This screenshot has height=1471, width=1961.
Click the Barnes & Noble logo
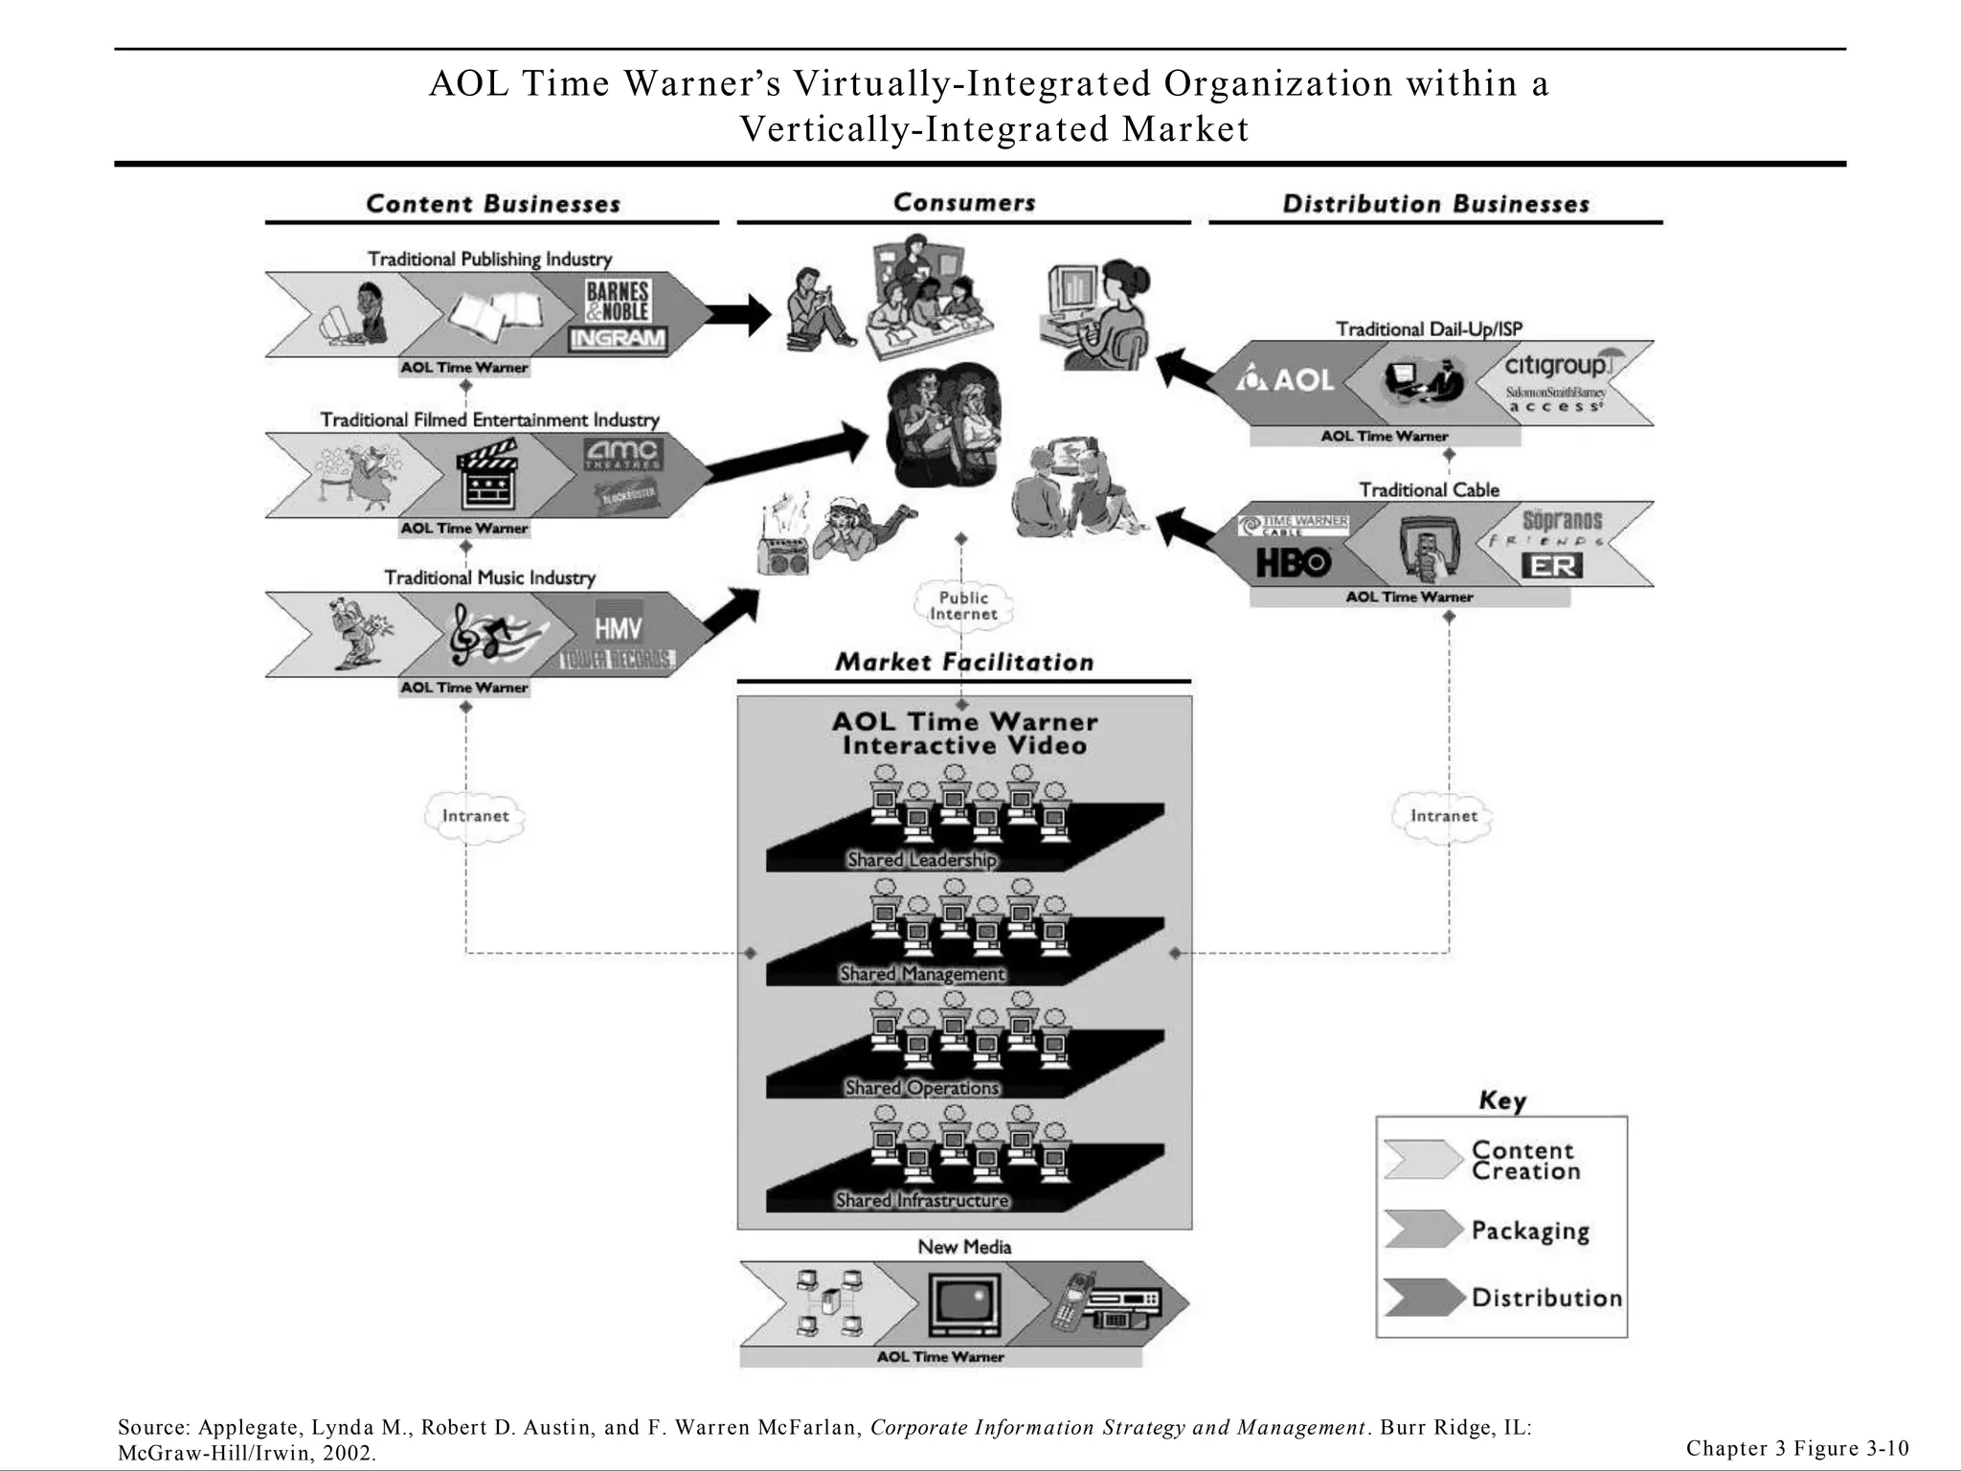click(618, 301)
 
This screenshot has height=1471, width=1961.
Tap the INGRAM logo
click(618, 338)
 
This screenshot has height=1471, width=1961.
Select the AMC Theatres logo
click(622, 453)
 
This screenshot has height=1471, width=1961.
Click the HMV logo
click(618, 627)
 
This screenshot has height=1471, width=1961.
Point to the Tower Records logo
click(618, 660)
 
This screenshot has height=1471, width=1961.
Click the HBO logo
click(1293, 563)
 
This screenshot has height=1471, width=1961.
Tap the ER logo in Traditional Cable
click(1551, 566)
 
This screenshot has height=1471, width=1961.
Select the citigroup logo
click(1559, 366)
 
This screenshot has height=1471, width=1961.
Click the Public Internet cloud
click(963, 605)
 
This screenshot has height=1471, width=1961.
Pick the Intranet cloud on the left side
click(475, 816)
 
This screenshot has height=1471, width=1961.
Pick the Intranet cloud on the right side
click(1443, 816)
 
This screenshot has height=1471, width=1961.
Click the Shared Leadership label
click(921, 860)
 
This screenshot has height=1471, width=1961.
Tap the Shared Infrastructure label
click(921, 1200)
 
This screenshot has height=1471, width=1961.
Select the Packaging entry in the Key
click(1529, 1231)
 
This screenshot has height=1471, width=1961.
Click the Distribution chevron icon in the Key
click(1423, 1297)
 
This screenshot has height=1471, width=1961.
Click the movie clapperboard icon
click(488, 475)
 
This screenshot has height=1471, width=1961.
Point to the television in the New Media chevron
click(965, 1304)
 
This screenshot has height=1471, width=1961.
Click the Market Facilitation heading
click(963, 662)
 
